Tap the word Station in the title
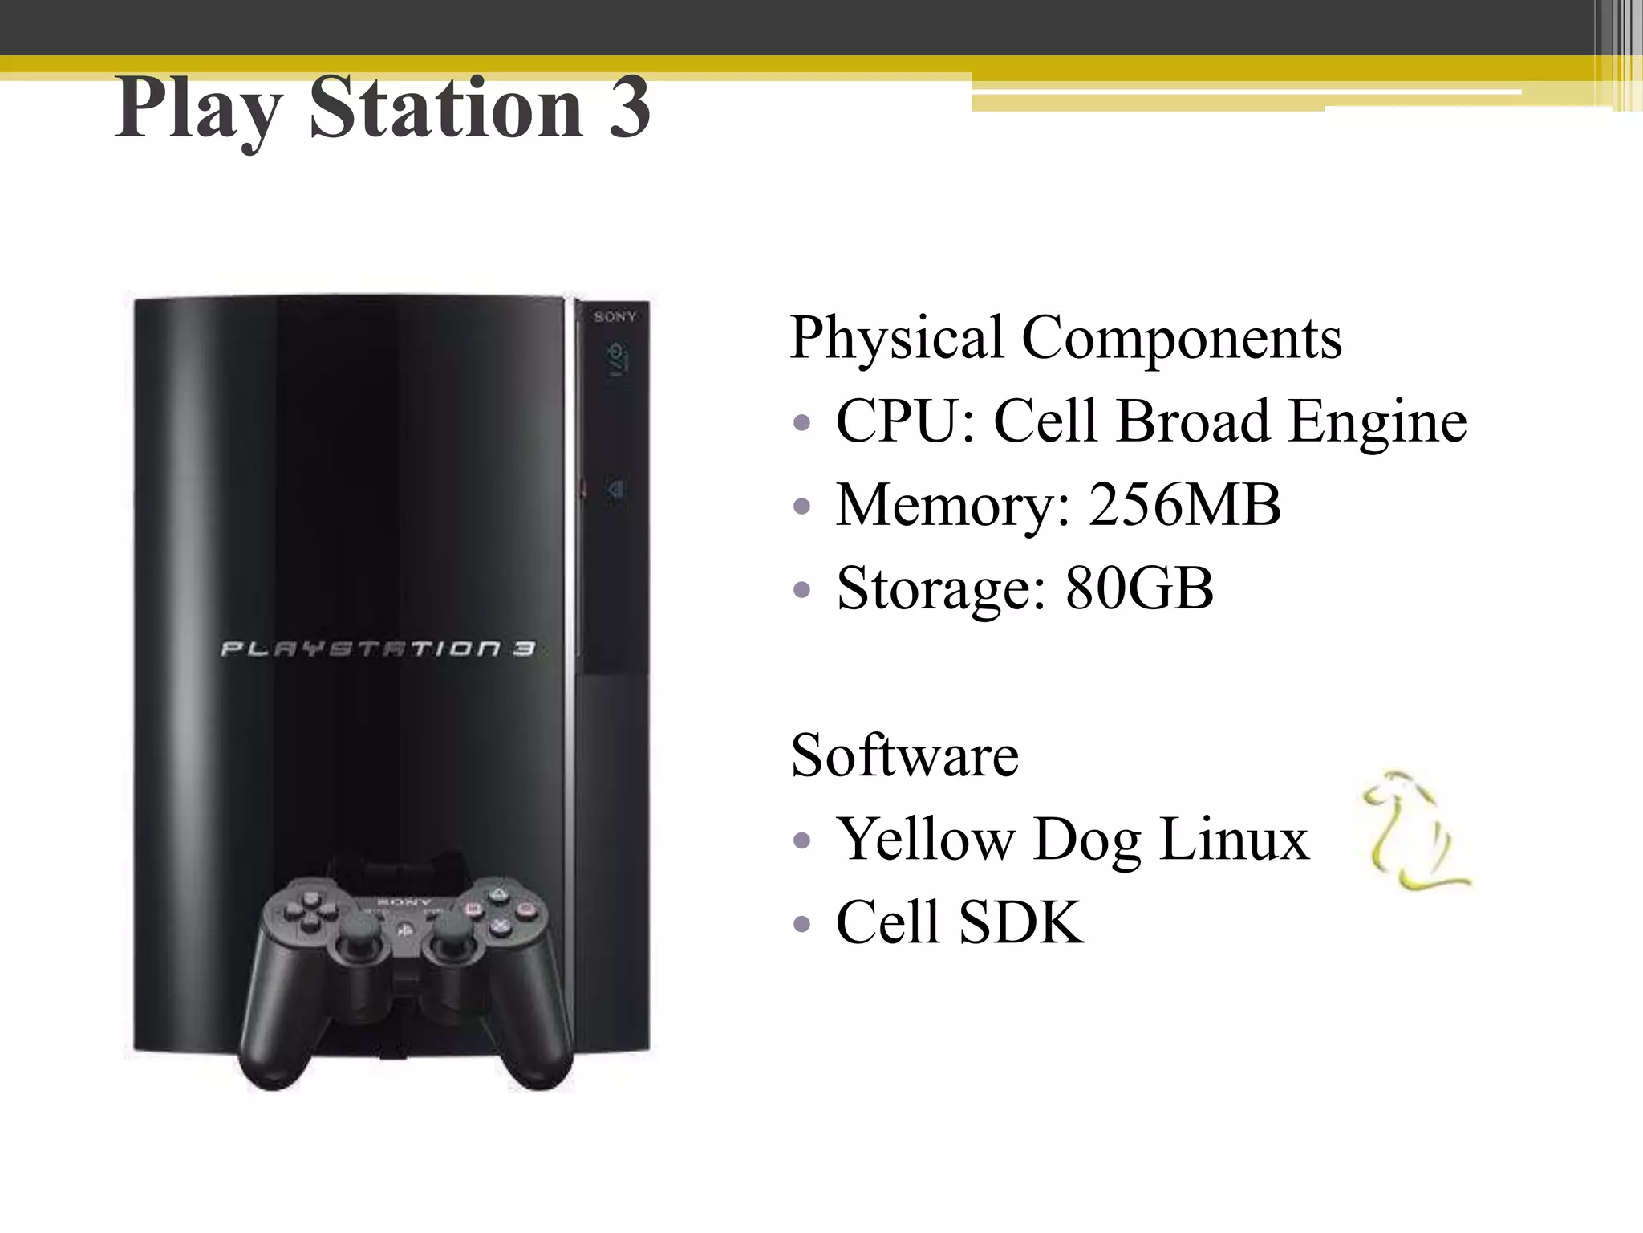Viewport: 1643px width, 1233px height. tap(446, 108)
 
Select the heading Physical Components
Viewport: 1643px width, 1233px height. tap(1065, 337)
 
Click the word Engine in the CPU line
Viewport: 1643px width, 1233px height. tap(1377, 422)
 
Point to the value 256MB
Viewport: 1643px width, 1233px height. tap(1184, 505)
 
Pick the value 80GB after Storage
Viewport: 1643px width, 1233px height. tap(1138, 588)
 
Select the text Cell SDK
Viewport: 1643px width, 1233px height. tap(959, 922)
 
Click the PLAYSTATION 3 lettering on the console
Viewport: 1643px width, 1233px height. tap(377, 649)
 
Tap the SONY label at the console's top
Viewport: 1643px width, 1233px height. tap(615, 317)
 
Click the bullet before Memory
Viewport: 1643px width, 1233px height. tap(801, 507)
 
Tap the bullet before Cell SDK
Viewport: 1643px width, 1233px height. tap(801, 925)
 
